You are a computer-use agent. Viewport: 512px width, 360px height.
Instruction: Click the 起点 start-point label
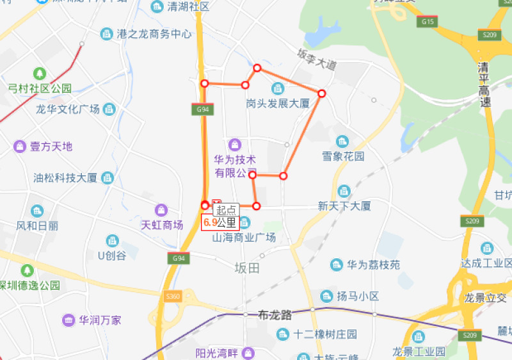226,209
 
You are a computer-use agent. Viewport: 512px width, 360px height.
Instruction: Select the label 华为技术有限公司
235,166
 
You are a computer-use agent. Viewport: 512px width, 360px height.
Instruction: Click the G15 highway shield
428,22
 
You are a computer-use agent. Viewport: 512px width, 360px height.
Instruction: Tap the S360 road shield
172,297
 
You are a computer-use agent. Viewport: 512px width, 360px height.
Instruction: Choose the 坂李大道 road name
317,61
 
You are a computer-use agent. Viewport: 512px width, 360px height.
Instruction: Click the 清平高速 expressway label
485,84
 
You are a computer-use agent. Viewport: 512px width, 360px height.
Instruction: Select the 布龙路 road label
275,315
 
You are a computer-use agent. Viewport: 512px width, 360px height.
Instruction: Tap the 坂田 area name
247,268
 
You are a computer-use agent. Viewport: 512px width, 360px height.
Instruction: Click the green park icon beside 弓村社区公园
40,74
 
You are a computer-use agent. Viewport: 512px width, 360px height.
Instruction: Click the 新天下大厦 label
344,206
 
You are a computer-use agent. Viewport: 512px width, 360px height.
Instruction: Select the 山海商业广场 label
244,237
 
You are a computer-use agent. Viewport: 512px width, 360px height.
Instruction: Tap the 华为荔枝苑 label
373,265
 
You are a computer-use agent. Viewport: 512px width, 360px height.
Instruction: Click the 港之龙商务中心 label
154,34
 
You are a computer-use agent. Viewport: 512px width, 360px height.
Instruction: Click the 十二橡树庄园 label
324,334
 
